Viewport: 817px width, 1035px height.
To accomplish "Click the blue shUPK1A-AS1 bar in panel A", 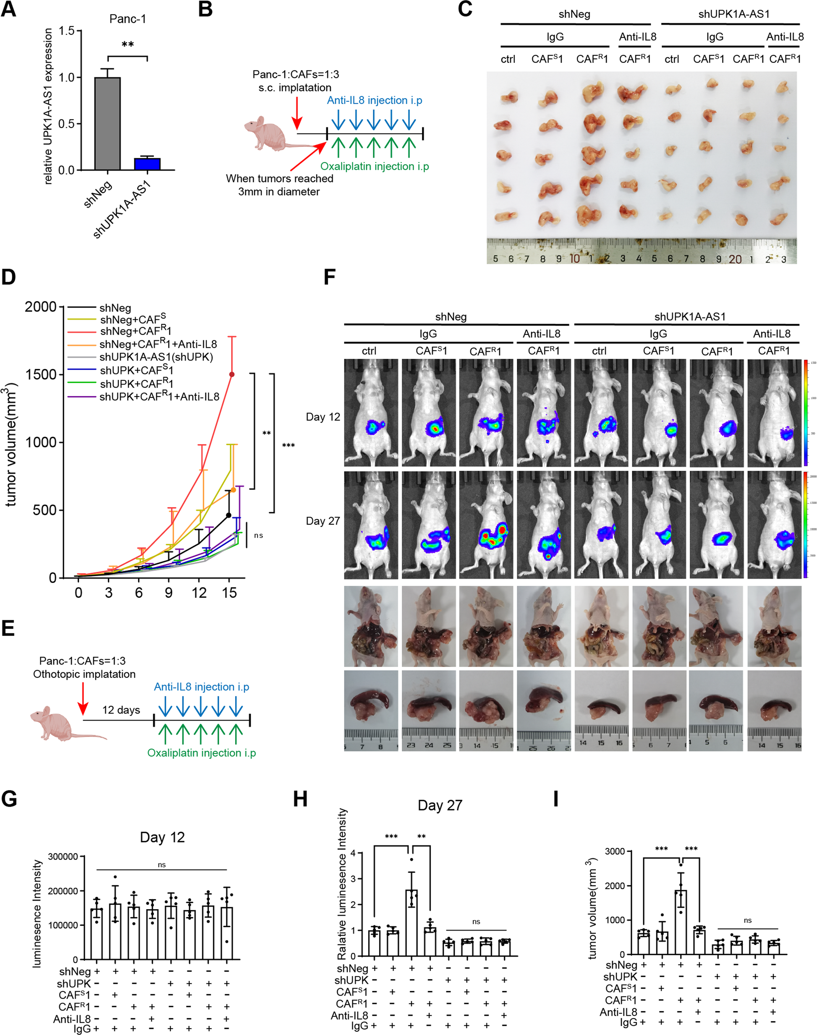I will pyautogui.click(x=147, y=164).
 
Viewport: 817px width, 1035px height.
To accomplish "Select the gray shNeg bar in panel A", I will pyautogui.click(x=107, y=123).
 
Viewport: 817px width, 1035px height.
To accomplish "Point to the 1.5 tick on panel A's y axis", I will pyautogui.click(x=66, y=31).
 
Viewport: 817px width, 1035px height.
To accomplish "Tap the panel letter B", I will pyautogui.click(x=205, y=9).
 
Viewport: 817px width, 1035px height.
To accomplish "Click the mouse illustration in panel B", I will pyautogui.click(x=268, y=133).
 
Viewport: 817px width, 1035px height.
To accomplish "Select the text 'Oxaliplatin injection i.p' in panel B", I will pyautogui.click(x=374, y=166).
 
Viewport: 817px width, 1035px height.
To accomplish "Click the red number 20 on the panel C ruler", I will pyautogui.click(x=735, y=259).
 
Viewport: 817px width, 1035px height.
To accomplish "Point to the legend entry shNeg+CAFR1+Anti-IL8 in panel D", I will pyautogui.click(x=158, y=344).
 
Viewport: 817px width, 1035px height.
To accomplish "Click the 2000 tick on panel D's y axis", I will pyautogui.click(x=41, y=307).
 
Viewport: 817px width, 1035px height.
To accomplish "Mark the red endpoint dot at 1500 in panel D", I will pyautogui.click(x=232, y=374).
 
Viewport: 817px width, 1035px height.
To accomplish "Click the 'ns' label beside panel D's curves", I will pyautogui.click(x=258, y=536).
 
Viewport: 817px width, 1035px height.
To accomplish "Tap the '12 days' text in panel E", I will pyautogui.click(x=121, y=710).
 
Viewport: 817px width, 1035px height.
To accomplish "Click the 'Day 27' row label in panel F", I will pyautogui.click(x=323, y=521).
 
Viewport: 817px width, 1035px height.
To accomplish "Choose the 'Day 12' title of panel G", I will pyautogui.click(x=162, y=837).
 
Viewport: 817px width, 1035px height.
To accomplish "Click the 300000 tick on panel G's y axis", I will pyautogui.click(x=63, y=857).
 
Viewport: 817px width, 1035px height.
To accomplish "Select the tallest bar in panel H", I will pyautogui.click(x=411, y=923).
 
